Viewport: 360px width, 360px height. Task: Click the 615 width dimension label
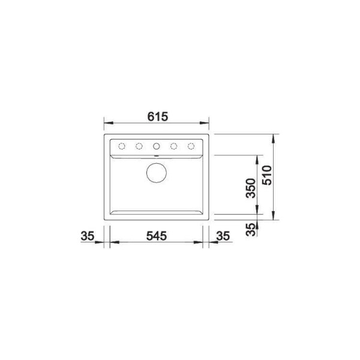pyautogui.click(x=157, y=116)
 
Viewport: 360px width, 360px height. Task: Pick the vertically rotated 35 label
pyautogui.click(x=251, y=228)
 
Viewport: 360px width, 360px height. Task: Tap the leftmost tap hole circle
pyautogui.click(x=121, y=146)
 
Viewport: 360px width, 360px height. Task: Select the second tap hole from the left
pyautogui.click(x=139, y=146)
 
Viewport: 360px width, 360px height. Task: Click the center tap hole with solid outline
pyautogui.click(x=157, y=146)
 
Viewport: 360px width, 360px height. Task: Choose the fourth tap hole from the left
pyautogui.click(x=175, y=146)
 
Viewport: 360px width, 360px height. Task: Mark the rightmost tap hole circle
pyautogui.click(x=192, y=146)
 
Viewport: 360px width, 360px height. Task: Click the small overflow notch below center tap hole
pyautogui.click(x=157, y=155)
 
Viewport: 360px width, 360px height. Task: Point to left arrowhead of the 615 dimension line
pyautogui.click(x=107, y=125)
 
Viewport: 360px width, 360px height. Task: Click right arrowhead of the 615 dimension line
pyautogui.click(x=206, y=125)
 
